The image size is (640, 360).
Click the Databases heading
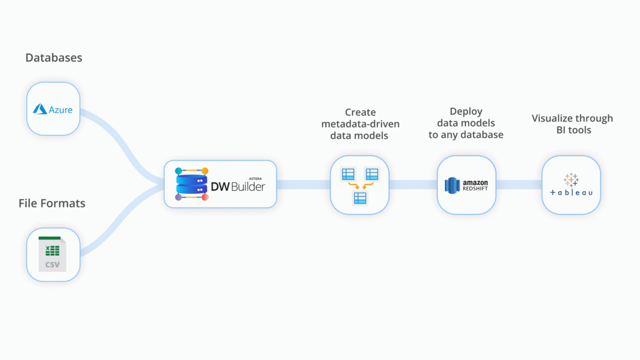click(x=54, y=57)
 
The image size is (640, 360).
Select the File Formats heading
click(x=52, y=203)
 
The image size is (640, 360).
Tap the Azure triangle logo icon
click(x=40, y=109)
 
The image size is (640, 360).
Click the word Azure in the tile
click(x=61, y=110)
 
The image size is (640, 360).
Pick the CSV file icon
click(x=52, y=254)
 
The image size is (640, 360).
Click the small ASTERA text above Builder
click(x=255, y=179)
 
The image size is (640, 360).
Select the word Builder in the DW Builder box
click(x=248, y=187)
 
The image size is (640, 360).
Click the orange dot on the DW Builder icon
click(x=205, y=171)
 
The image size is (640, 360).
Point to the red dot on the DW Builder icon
click(x=205, y=197)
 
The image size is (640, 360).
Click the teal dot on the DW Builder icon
click(x=178, y=171)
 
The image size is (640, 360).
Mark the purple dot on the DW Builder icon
click(x=178, y=197)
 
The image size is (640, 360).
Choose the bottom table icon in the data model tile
click(x=360, y=198)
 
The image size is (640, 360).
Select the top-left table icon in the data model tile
click(x=348, y=174)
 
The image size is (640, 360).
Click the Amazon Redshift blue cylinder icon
click(x=452, y=185)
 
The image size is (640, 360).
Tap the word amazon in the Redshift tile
click(x=475, y=182)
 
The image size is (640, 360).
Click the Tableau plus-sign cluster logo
click(x=571, y=180)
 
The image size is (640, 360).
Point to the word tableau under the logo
click(x=571, y=192)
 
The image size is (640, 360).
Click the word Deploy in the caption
click(x=466, y=111)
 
